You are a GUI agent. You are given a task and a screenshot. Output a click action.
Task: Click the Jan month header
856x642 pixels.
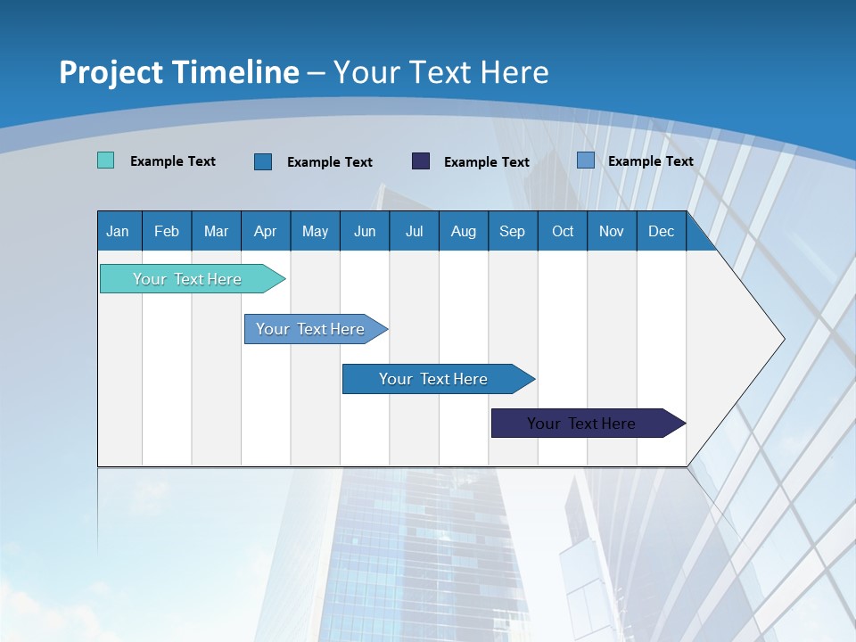118,231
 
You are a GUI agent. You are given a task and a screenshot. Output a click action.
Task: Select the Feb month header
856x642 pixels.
167,231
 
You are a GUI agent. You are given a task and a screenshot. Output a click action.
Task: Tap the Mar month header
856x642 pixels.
216,231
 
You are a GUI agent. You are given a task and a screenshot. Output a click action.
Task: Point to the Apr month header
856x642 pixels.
265,231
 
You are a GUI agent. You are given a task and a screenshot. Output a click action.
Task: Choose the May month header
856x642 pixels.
315,231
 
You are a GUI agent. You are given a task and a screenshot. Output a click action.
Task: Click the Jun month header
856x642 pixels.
365,231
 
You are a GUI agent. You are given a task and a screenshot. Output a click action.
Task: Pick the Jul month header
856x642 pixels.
414,231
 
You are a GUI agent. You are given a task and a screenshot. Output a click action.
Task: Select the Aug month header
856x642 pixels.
463,231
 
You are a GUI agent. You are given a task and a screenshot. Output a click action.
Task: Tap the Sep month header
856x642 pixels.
512,231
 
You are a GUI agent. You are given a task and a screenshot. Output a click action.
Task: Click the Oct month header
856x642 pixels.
563,231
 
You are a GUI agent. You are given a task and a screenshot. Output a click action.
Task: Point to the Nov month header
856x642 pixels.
612,231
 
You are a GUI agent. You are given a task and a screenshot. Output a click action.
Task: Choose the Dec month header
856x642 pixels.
662,231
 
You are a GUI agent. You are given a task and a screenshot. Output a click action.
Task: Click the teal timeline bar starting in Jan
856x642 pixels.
187,279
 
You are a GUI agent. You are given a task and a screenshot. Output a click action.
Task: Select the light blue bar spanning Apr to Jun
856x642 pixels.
310,329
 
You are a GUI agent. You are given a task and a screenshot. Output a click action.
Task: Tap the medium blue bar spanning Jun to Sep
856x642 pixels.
433,379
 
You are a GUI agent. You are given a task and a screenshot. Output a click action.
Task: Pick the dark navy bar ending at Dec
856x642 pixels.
581,424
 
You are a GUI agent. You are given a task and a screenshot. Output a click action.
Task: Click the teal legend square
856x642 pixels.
106,160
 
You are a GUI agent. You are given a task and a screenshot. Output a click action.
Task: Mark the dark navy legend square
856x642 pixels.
421,160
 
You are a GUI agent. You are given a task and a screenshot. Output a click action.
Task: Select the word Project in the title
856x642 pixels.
111,72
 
